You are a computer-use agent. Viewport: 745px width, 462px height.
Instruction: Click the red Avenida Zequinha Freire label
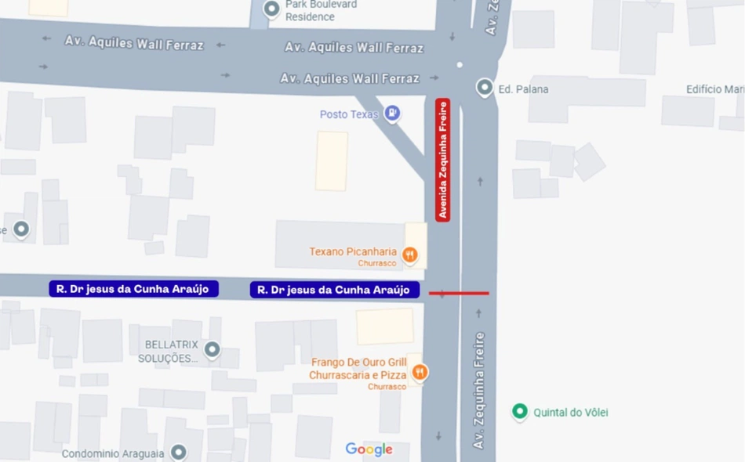pos(443,160)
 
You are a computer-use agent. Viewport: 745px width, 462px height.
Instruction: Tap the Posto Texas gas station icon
pos(392,114)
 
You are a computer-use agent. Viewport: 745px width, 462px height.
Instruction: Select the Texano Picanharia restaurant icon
pos(409,254)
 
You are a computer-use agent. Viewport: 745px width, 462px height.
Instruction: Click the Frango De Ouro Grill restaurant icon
pos(420,371)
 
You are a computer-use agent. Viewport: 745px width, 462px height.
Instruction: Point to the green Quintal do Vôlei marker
pos(519,411)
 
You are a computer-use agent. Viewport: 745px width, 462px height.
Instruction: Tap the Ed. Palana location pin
pos(485,88)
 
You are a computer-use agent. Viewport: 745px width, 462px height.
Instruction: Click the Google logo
pos(369,449)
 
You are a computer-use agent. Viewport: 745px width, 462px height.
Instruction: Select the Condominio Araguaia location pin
pos(179,452)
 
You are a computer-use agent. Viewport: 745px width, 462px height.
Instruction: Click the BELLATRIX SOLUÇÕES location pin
pos(212,348)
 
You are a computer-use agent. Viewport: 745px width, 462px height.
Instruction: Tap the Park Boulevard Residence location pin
pos(271,9)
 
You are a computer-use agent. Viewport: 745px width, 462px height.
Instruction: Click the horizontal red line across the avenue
pos(459,294)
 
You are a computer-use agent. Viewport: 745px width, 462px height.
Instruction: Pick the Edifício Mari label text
pos(714,89)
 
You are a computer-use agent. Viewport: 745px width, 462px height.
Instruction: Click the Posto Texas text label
pos(349,114)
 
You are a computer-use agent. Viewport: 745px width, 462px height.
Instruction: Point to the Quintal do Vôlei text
pos(571,412)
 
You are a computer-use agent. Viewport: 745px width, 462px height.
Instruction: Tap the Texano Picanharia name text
pos(353,251)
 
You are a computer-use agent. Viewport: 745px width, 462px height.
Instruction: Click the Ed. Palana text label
pos(523,89)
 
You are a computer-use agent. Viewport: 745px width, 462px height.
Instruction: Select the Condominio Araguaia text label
pos(113,453)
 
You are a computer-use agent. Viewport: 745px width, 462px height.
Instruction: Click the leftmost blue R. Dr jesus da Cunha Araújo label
pos(133,289)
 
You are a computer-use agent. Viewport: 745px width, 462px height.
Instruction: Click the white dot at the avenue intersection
pos(460,65)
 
